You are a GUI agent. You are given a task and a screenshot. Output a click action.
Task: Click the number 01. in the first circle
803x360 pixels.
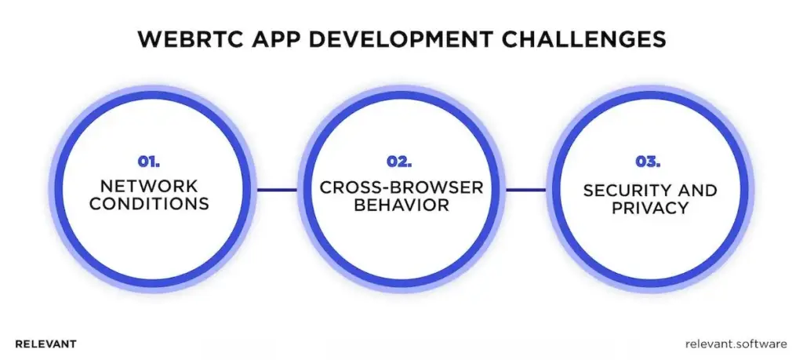(x=149, y=162)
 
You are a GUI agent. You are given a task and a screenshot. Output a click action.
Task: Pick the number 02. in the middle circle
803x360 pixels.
(x=401, y=162)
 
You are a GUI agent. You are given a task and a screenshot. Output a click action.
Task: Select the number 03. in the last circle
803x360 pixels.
(x=649, y=162)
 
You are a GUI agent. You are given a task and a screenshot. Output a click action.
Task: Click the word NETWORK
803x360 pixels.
(x=149, y=187)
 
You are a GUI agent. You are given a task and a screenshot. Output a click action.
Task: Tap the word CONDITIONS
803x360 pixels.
(x=149, y=205)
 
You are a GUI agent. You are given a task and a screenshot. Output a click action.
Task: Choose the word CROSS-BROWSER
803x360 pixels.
(x=401, y=188)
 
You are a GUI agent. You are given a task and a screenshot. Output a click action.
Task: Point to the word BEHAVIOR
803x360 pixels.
(x=401, y=205)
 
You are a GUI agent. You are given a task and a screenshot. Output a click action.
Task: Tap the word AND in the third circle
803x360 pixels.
(x=699, y=190)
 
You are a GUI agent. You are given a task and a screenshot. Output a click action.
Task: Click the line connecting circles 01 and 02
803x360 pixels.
(x=276, y=189)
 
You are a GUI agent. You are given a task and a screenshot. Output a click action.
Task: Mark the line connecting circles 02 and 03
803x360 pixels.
(x=525, y=189)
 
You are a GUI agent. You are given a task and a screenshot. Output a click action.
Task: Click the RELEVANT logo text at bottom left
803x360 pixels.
(x=45, y=344)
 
